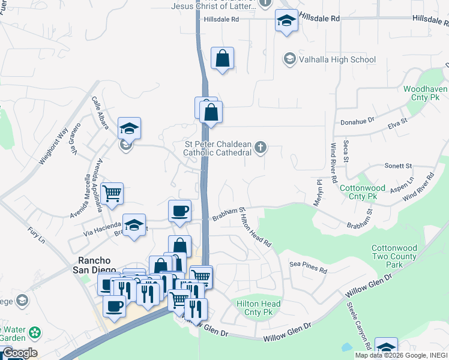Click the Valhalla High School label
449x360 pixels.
click(337, 59)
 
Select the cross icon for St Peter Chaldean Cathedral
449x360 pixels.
click(260, 148)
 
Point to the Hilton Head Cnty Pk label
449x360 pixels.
click(259, 308)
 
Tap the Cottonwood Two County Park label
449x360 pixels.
click(394, 256)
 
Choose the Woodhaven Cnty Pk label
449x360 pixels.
click(426, 92)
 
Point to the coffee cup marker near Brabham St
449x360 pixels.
click(180, 211)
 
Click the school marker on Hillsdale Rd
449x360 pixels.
click(286, 21)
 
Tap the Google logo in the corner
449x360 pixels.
click(19, 353)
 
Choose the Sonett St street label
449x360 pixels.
click(398, 166)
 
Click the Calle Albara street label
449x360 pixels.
click(100, 112)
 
